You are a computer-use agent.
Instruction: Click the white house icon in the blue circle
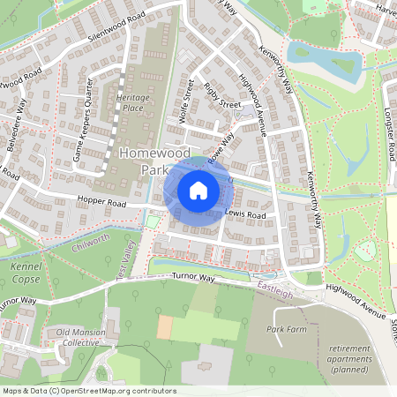point(198,190)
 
